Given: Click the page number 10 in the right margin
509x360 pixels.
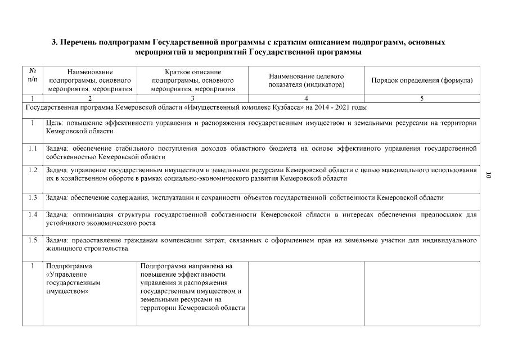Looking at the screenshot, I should click(x=488, y=175).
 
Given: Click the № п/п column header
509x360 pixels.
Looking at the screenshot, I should click(x=33, y=76).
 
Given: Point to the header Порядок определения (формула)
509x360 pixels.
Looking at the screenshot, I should click(x=422, y=80).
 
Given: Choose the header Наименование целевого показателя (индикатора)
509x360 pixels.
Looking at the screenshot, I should click(x=307, y=80).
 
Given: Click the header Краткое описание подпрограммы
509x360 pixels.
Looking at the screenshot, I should click(x=193, y=80).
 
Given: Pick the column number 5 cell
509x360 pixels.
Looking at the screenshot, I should click(x=422, y=98).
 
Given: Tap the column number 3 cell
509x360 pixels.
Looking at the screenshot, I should click(x=193, y=98).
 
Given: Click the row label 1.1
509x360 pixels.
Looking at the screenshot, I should click(x=33, y=148).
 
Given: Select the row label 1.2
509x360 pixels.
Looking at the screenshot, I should click(x=33, y=170).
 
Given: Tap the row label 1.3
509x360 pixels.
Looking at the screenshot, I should click(x=33, y=197).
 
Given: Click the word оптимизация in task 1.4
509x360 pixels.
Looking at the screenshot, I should click(x=91, y=214).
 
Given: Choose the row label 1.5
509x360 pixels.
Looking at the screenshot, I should click(x=33, y=240).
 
